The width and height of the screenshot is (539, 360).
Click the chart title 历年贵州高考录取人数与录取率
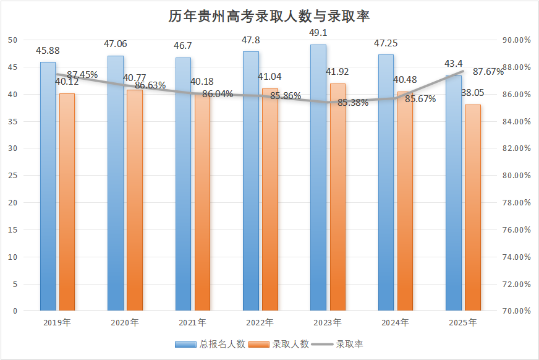(x=269, y=16)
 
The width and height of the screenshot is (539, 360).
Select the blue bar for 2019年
(x=48, y=186)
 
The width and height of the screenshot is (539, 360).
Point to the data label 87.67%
(x=488, y=72)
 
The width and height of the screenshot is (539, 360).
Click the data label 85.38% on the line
(x=353, y=103)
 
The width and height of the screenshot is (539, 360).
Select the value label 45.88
(x=48, y=51)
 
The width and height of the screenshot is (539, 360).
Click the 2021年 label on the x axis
(x=192, y=323)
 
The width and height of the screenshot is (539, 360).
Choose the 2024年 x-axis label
(x=395, y=323)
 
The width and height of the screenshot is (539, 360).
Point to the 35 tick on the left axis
(x=13, y=121)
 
